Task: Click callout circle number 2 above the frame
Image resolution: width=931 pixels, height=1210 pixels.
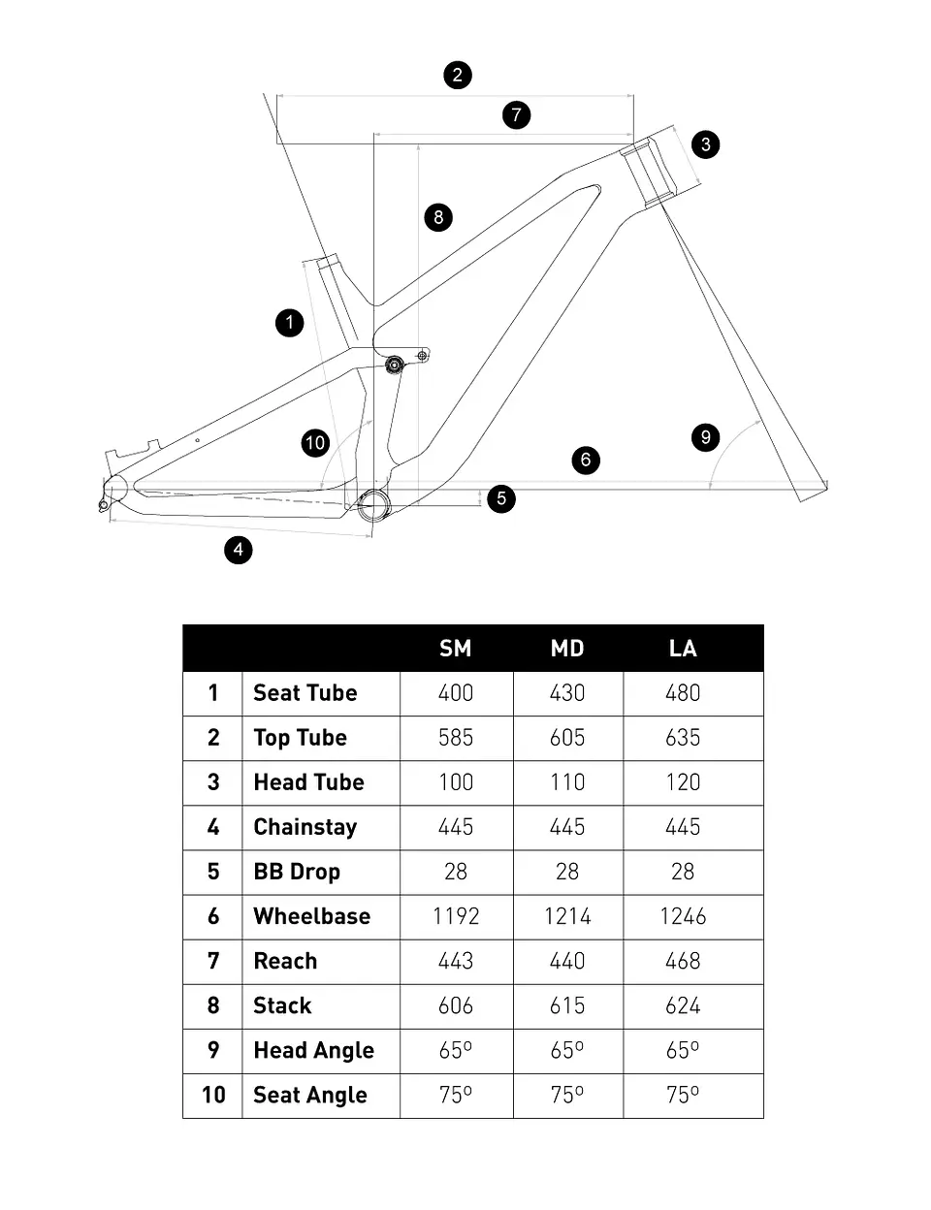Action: tap(457, 76)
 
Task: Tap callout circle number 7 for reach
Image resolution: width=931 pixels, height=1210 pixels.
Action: tap(516, 115)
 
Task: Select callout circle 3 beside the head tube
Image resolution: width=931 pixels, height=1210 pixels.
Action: tap(705, 144)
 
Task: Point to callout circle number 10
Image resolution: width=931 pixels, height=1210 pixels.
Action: tap(315, 443)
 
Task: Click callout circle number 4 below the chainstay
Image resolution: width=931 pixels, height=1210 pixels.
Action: tap(239, 550)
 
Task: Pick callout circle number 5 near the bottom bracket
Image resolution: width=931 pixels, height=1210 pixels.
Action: tap(501, 498)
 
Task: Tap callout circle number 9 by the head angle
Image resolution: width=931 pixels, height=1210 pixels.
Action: tap(705, 437)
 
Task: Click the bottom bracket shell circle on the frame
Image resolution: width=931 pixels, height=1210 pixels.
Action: tap(374, 505)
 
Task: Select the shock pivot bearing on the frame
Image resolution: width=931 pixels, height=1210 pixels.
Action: tap(395, 366)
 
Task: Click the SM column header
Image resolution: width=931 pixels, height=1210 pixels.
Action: tap(456, 649)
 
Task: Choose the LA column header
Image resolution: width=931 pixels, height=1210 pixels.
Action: tap(683, 649)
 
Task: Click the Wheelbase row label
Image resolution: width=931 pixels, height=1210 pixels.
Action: tap(312, 916)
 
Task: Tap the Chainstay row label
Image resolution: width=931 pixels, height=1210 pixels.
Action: tap(305, 827)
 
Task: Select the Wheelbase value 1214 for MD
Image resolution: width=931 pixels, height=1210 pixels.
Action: tap(567, 916)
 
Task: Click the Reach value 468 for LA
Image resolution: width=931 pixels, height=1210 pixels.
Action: tap(683, 961)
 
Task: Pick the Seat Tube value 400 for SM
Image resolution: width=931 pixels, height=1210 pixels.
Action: tap(456, 693)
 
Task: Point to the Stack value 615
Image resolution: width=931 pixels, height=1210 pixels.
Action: tap(567, 1005)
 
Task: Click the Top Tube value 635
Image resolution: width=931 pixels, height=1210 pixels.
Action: tap(683, 738)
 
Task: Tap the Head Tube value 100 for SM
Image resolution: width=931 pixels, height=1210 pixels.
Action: tap(456, 782)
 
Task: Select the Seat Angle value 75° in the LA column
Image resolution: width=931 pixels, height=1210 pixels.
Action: tap(683, 1095)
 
